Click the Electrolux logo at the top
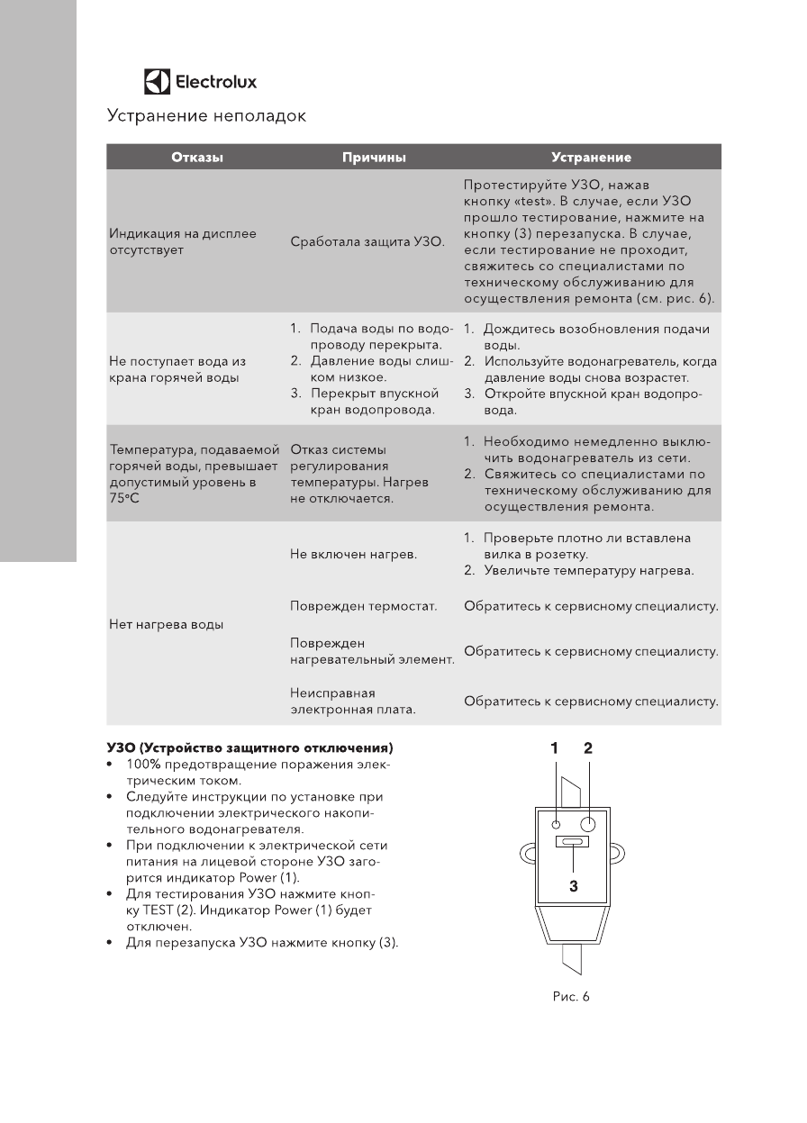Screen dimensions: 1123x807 (200, 82)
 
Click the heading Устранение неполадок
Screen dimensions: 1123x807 (206, 116)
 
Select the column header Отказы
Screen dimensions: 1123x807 (197, 158)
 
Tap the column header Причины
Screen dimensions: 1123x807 (374, 158)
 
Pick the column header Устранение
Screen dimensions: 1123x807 (591, 158)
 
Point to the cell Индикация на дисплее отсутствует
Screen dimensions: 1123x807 (182, 241)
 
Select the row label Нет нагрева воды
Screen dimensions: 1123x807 (166, 624)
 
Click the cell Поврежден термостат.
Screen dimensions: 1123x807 (363, 607)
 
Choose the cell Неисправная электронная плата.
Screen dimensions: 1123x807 (352, 702)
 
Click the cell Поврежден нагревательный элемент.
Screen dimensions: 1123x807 (371, 651)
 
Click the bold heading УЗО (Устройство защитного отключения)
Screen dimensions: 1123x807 (249, 748)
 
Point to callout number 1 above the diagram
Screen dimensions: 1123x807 (556, 747)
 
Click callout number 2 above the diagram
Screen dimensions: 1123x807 (588, 747)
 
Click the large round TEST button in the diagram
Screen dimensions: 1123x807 (588, 824)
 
